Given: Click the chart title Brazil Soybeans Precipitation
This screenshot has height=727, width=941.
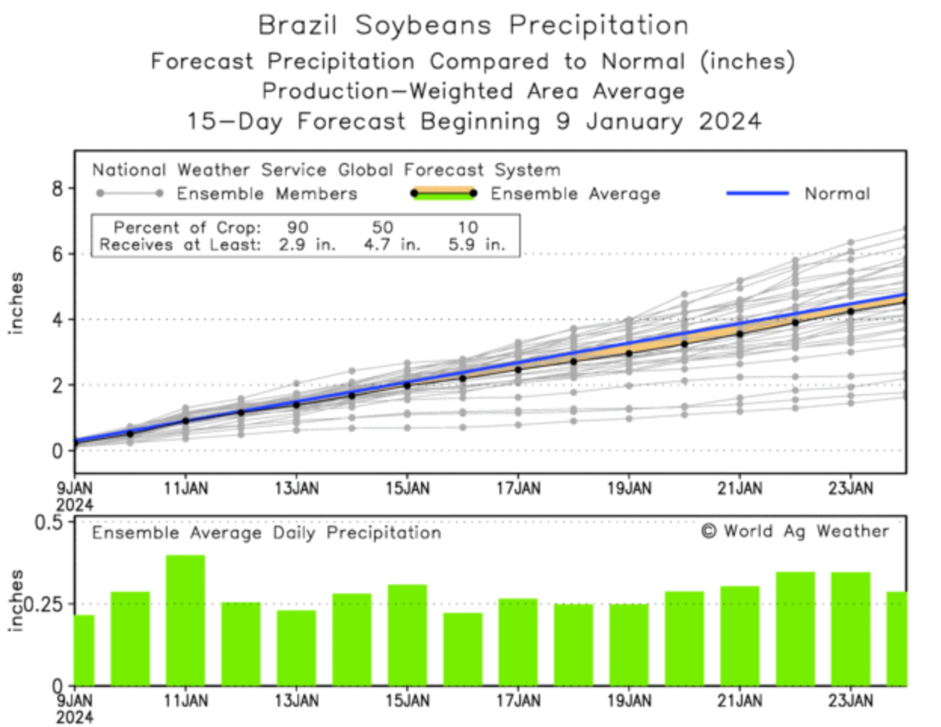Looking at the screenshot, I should click(x=473, y=25).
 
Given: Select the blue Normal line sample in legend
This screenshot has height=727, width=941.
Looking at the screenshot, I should click(x=757, y=193).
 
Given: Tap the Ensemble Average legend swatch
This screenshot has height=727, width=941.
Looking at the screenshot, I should click(x=444, y=193).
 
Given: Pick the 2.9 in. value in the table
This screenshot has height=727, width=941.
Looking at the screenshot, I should click(x=306, y=245).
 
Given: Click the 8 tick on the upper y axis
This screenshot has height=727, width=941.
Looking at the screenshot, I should click(x=58, y=188).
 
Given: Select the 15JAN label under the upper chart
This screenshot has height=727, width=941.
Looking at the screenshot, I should click(x=407, y=488).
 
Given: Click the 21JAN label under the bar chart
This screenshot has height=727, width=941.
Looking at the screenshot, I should click(x=740, y=701).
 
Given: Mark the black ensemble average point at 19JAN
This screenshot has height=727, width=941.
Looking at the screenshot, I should click(x=629, y=353).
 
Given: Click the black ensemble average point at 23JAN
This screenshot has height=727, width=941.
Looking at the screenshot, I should click(x=850, y=311).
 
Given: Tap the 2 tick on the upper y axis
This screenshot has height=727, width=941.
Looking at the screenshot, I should click(x=58, y=385).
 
